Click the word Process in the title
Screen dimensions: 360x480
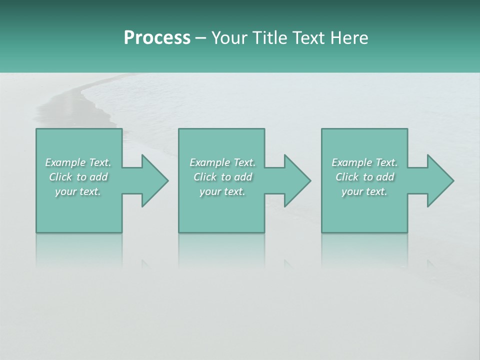point(157,38)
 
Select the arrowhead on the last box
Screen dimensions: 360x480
point(439,180)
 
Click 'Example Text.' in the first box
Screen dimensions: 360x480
point(78,162)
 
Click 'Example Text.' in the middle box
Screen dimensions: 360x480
point(222,162)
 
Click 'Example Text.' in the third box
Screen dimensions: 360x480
point(364,162)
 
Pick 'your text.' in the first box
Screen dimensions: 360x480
point(78,191)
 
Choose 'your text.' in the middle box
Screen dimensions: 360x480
point(222,191)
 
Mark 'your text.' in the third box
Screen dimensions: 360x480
point(364,191)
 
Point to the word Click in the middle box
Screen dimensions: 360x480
point(205,177)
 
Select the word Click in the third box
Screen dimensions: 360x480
point(347,177)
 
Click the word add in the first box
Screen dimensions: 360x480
point(99,177)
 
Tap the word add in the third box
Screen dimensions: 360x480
point(385,177)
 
